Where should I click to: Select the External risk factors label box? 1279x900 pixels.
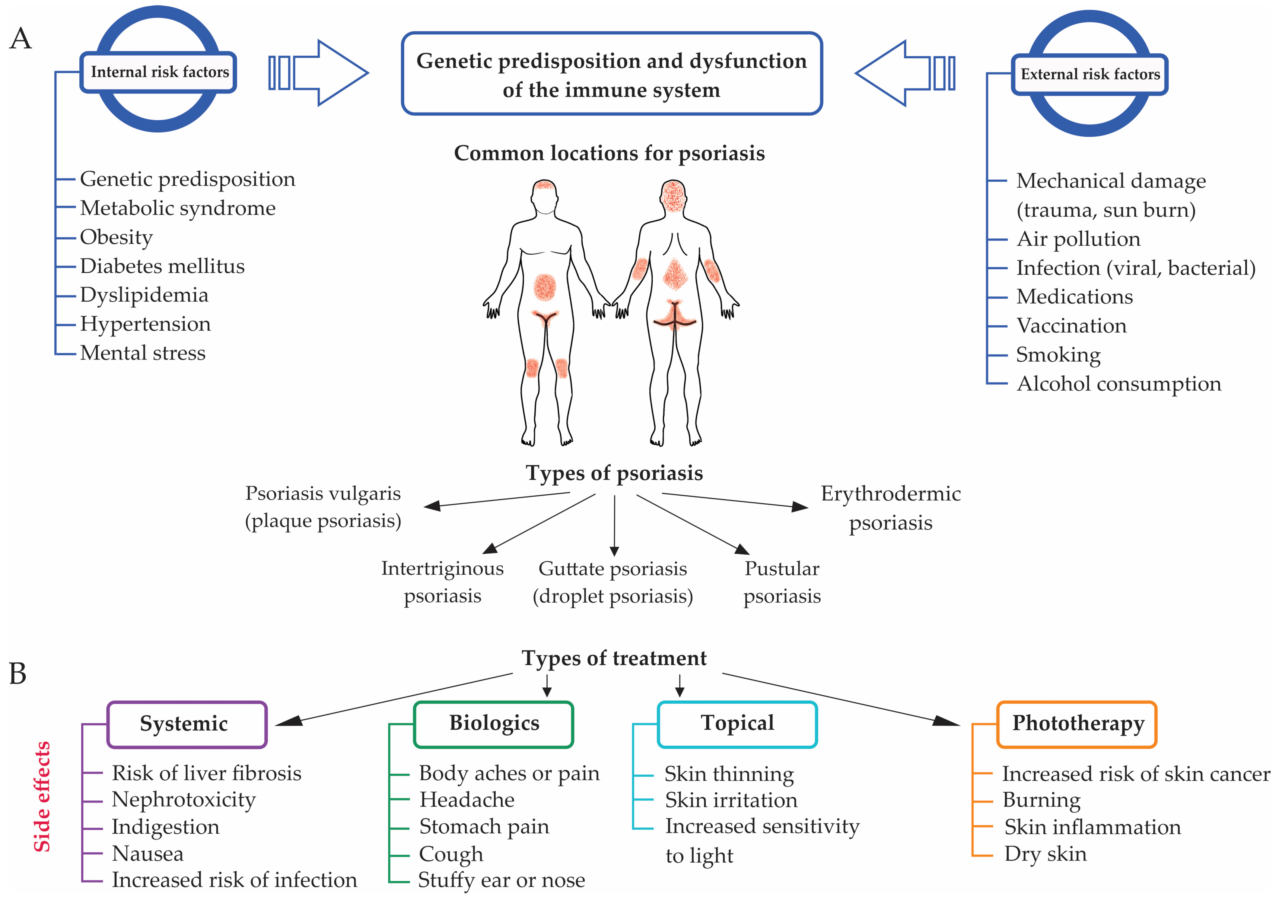pos(1090,74)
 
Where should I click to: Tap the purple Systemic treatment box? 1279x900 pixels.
pos(186,724)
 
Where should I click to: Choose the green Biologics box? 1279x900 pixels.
pos(494,724)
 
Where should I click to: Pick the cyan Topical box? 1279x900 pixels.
pos(737,724)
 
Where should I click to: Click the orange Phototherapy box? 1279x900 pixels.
pos(1077,724)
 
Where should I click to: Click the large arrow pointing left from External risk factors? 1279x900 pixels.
pos(905,73)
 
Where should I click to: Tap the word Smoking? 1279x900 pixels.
pos(1058,355)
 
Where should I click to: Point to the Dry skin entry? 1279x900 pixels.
pos(1045,854)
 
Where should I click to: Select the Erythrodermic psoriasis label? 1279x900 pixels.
pos(890,508)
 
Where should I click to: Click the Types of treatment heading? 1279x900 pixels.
pos(614,658)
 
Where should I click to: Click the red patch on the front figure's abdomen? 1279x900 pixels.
pos(545,287)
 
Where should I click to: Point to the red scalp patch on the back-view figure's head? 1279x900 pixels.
pos(673,195)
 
